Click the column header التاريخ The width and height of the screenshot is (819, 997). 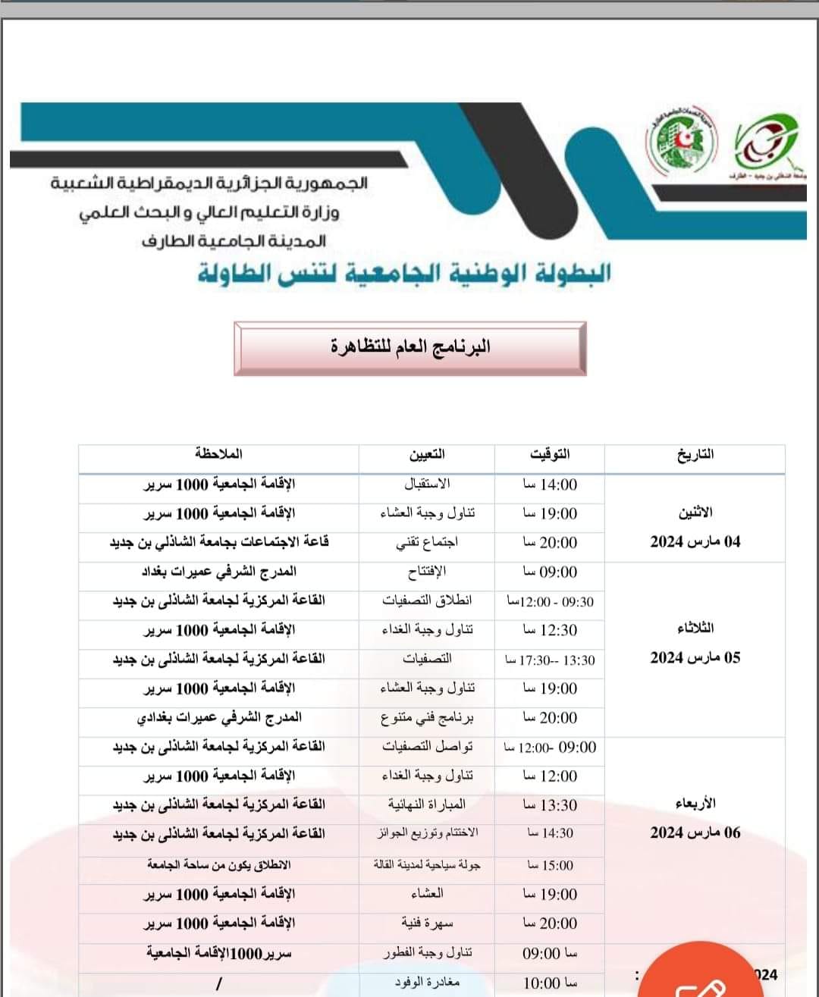[695, 455]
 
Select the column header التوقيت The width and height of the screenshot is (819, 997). [550, 455]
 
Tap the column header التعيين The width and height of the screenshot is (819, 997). [427, 455]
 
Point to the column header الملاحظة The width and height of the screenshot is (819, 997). [218, 454]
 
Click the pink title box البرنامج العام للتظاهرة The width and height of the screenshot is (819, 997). [410, 348]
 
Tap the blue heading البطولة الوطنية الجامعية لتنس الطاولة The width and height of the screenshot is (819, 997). [404, 273]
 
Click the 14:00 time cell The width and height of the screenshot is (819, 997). [550, 484]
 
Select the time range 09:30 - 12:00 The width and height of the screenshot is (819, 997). [550, 602]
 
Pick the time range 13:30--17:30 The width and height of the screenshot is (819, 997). [550, 660]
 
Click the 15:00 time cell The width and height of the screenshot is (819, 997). [550, 865]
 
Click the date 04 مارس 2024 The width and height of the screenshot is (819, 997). [695, 542]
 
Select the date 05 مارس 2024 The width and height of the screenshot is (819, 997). [695, 658]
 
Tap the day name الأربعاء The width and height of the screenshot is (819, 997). [695, 803]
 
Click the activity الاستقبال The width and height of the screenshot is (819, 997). [427, 484]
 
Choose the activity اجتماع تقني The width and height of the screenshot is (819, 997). [427, 542]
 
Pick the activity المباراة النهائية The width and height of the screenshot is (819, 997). [427, 804]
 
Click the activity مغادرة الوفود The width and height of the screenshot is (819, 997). [427, 983]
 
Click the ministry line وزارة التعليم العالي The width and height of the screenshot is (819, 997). [209, 212]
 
